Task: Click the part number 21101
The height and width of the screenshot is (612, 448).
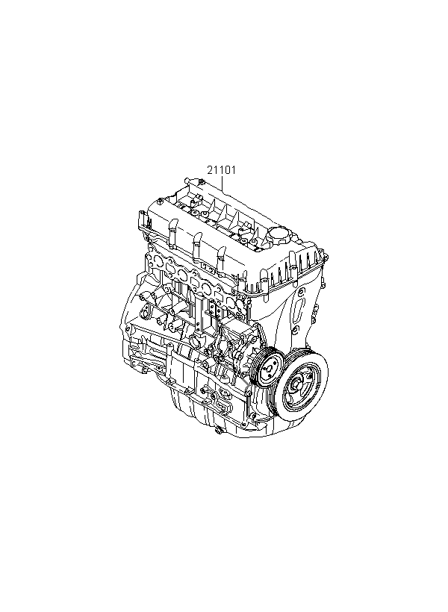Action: pyautogui.click(x=222, y=170)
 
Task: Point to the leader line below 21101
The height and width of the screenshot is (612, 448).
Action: pyautogui.click(x=223, y=183)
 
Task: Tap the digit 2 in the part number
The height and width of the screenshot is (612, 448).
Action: pyautogui.click(x=210, y=170)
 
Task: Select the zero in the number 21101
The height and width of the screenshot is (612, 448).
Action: pyautogui.click(x=227, y=170)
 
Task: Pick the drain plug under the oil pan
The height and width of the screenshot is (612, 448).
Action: pyautogui.click(x=219, y=431)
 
